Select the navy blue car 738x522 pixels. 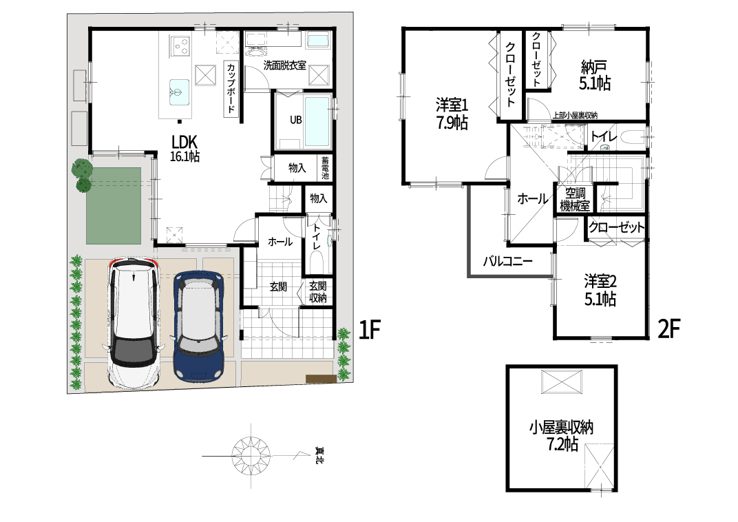tap(198, 325)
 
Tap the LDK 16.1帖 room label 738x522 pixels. tap(184, 148)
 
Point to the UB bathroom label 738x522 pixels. tap(295, 120)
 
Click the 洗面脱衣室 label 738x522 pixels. tap(284, 65)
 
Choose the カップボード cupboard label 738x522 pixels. tap(231, 90)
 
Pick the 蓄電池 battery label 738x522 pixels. tap(325, 168)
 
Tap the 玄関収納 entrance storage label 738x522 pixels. tap(317, 292)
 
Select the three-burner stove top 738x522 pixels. tap(180, 45)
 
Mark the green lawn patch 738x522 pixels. tap(114, 206)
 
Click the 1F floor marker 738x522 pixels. tap(369, 329)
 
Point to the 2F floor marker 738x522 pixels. tap(669, 328)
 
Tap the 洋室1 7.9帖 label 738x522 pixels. tap(452, 114)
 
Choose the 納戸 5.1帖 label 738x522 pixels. tap(594, 75)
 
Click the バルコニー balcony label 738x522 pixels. tap(508, 260)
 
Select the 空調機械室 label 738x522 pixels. tap(575, 199)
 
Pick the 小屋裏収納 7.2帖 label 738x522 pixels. tap(561, 436)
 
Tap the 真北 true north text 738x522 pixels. tap(319, 455)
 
